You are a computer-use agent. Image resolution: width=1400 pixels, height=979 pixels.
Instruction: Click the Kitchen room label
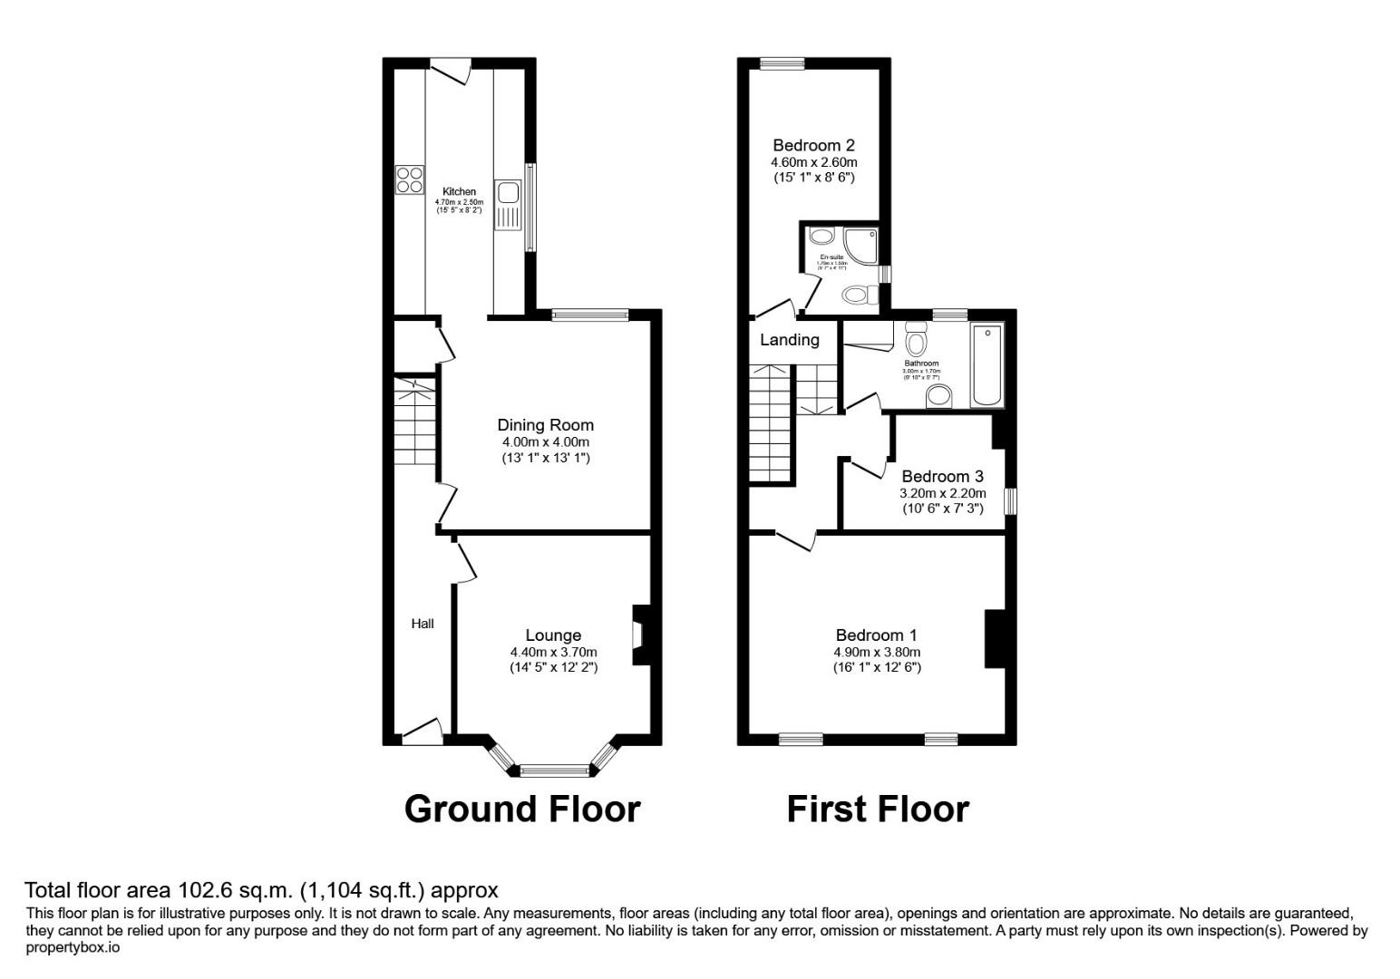(x=459, y=191)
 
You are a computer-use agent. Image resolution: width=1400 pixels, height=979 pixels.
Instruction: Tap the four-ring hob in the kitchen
(x=409, y=179)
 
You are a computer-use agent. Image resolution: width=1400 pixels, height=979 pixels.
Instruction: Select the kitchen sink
(x=506, y=193)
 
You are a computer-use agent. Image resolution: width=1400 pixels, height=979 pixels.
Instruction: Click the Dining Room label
(x=545, y=425)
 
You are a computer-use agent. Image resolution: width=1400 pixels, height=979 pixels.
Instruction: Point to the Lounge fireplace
(x=639, y=634)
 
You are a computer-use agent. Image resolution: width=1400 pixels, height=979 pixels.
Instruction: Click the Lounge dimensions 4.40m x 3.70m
(x=553, y=652)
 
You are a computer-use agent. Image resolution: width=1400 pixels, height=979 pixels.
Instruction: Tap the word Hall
(x=423, y=624)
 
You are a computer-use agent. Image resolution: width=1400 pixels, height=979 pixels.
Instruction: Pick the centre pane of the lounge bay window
(x=555, y=771)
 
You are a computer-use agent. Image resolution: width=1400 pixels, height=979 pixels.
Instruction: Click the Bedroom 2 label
(x=813, y=145)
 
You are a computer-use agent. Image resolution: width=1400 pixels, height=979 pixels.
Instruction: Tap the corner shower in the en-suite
(x=859, y=240)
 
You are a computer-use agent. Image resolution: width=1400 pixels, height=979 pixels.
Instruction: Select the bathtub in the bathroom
(x=987, y=364)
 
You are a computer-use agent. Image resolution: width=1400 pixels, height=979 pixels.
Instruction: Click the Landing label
(x=789, y=340)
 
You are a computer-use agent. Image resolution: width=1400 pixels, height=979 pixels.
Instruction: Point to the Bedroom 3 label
(x=942, y=477)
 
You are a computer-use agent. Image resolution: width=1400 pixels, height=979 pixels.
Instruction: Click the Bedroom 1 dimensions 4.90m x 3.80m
(x=877, y=652)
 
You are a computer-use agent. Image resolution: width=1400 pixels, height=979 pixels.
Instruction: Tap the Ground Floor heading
(x=522, y=809)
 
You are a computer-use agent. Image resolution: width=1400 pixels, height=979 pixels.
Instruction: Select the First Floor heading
(x=878, y=809)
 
